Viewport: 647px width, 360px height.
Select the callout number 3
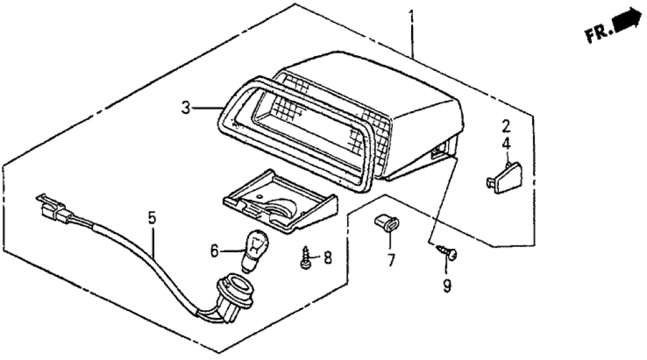click(186, 108)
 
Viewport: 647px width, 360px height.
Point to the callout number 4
click(505, 145)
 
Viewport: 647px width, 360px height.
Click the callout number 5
click(152, 219)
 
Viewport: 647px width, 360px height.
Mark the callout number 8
click(327, 258)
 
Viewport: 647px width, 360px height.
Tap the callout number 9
click(447, 285)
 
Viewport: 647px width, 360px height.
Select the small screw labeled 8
click(304, 258)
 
